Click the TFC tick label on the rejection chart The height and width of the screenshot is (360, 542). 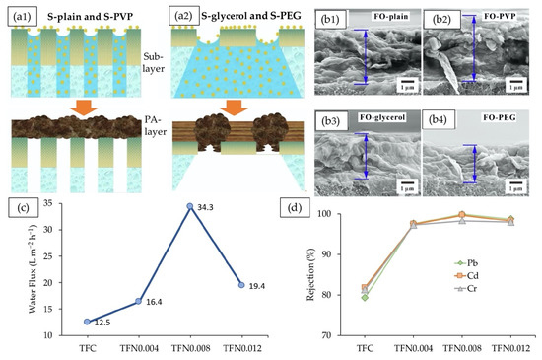366,347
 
